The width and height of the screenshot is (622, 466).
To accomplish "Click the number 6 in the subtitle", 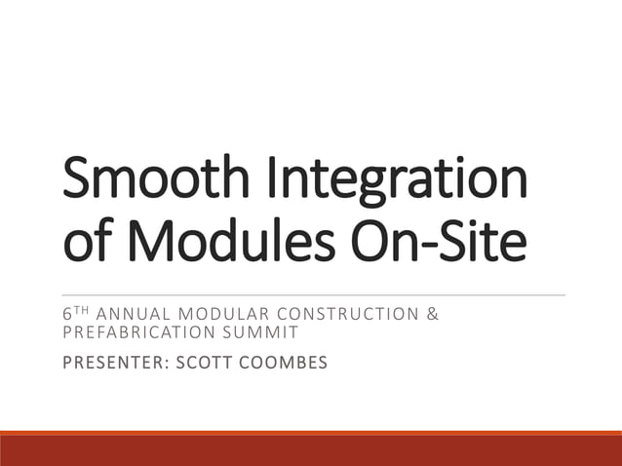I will coord(65,315).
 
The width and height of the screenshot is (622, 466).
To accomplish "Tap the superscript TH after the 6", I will coord(77,312).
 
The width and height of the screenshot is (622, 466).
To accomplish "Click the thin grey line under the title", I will coord(312,294).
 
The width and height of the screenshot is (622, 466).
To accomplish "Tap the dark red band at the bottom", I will coord(311,450).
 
